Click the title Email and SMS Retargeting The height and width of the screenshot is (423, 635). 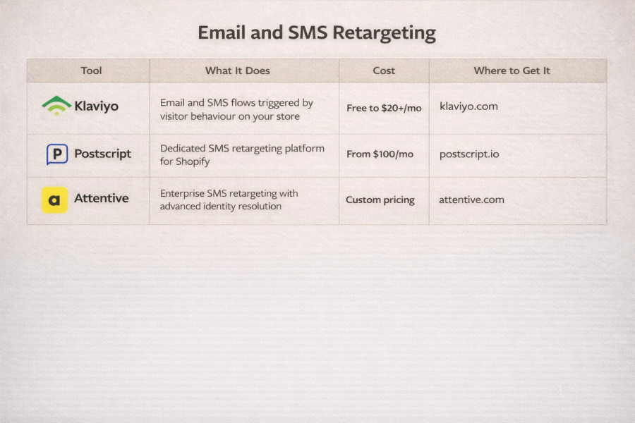[x=317, y=32]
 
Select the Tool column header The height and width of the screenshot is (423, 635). [x=91, y=70]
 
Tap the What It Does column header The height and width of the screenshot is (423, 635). [x=237, y=70]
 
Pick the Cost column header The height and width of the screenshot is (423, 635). [x=384, y=70]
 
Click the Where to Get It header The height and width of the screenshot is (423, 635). [x=512, y=70]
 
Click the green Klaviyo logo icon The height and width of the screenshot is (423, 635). [x=56, y=106]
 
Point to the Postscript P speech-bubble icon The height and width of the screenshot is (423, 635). [x=56, y=154]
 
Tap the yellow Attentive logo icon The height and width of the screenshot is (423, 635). [x=54, y=200]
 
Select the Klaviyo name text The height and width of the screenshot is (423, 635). [x=96, y=106]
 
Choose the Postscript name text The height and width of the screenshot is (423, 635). [x=102, y=154]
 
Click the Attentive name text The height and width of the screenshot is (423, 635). [x=102, y=198]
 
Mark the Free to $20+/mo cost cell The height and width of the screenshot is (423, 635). [x=384, y=108]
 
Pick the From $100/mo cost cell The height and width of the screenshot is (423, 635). [x=380, y=154]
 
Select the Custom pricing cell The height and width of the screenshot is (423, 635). [x=380, y=200]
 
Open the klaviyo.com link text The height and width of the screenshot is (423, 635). [x=468, y=106]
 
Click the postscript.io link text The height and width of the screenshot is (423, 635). [x=468, y=154]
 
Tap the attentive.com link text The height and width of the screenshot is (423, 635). [x=471, y=200]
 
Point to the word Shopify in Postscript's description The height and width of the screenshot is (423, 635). [x=192, y=161]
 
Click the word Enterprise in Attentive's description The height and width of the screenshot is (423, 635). [x=182, y=193]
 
